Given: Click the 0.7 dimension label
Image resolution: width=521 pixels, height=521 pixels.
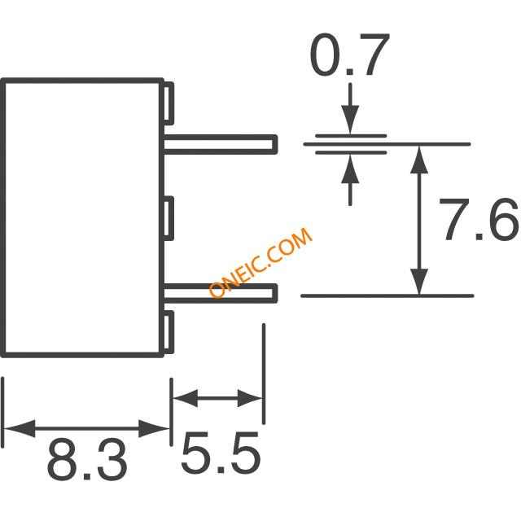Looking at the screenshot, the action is pos(349,55).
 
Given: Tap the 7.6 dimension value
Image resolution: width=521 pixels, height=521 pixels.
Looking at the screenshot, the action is pos(479,219).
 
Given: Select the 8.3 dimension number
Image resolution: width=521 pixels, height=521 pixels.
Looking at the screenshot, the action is pos(87,459).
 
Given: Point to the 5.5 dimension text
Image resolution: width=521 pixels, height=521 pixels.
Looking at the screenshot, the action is pos(221,453).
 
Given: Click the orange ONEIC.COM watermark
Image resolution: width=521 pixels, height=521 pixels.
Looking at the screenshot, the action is pos(260,262).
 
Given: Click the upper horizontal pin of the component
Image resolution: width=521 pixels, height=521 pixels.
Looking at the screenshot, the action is pos(221,145).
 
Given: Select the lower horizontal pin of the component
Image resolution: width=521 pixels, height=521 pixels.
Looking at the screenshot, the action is pos(221,293).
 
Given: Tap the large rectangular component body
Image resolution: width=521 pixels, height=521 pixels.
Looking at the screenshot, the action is pos(82,218).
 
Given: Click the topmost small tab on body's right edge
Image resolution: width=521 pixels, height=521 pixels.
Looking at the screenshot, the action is pos(169,103).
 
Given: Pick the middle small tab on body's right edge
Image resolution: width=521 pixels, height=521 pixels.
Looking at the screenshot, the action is pos(169,218).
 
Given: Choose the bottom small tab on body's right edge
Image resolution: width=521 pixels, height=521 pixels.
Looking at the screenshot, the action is pos(169,332).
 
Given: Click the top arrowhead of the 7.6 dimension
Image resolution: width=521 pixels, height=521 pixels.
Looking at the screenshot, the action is pos(419,160).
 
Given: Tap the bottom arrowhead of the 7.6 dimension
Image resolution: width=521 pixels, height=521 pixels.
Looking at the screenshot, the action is pos(419,280).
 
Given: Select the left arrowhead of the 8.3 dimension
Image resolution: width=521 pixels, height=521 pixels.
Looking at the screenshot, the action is pos(20,429).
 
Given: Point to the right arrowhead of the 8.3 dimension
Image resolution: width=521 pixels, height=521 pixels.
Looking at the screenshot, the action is pos(154,429).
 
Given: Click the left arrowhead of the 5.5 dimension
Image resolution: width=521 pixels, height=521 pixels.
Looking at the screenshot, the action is pos(186,398).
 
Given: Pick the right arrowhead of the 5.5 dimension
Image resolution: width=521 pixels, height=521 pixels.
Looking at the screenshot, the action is pos(250,398).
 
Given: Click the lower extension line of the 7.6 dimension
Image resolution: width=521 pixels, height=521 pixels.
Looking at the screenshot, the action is pos(387,296).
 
